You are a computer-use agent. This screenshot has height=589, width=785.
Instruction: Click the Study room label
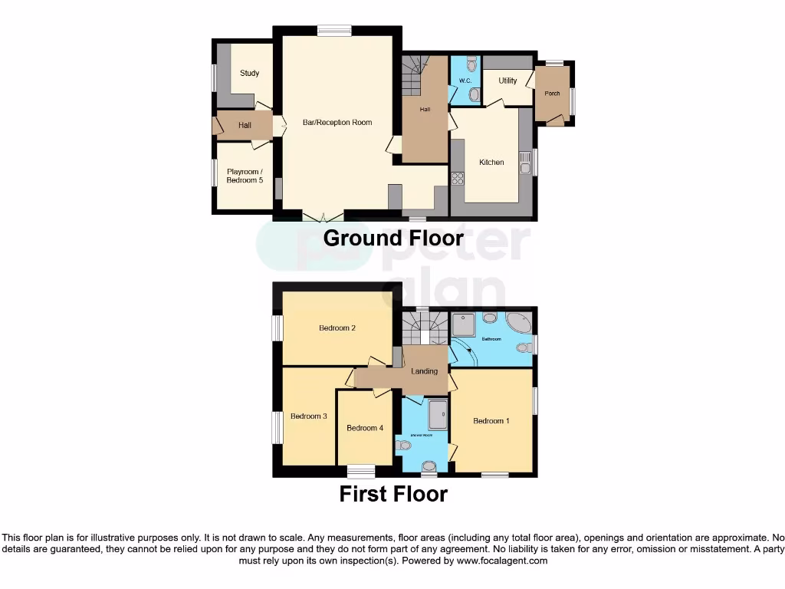[249, 74]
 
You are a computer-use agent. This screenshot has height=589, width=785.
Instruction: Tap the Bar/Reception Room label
[337, 123]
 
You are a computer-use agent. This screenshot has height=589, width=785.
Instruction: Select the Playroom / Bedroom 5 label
[245, 176]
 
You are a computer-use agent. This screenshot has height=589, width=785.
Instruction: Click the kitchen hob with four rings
[458, 179]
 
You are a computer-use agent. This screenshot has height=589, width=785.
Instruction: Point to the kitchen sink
[525, 163]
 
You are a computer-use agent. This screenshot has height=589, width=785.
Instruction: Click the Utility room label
[507, 81]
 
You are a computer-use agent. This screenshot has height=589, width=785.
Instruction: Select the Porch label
[552, 94]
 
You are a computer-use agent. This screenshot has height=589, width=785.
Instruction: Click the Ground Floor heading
[393, 238]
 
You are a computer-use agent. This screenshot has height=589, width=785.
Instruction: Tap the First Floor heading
[393, 494]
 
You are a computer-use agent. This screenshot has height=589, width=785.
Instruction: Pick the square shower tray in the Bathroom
[464, 324]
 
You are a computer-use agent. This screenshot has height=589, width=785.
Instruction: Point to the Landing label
[425, 371]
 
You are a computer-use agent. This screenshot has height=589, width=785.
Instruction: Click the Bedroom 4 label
[365, 428]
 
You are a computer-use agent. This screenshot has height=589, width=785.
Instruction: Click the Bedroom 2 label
[337, 328]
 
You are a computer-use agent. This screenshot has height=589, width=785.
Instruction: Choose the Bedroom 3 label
[309, 416]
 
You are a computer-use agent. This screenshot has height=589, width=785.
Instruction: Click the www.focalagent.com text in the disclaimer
[502, 561]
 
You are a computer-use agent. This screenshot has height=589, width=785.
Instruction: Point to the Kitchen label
[491, 163]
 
